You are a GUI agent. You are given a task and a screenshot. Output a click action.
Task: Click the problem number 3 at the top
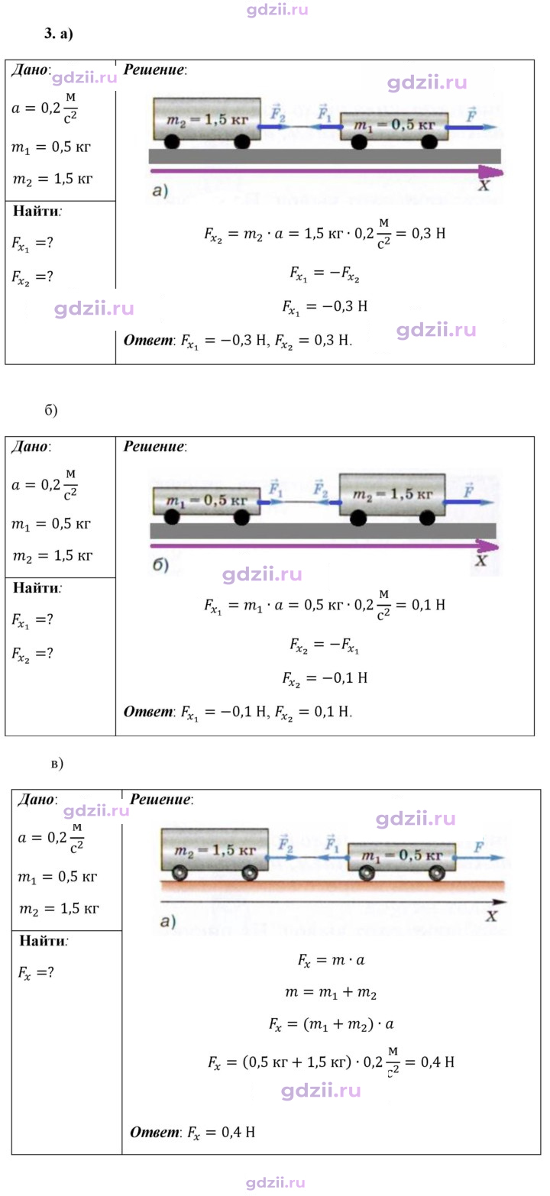(x=50, y=33)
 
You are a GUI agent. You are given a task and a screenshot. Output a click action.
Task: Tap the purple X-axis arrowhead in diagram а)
(x=491, y=172)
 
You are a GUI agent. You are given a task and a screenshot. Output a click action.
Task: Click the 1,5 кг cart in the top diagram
(x=207, y=122)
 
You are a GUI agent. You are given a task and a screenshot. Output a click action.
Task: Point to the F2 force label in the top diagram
(x=277, y=113)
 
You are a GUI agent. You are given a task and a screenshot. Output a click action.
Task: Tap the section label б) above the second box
(x=51, y=410)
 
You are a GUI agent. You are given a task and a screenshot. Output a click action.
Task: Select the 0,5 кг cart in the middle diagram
(x=207, y=506)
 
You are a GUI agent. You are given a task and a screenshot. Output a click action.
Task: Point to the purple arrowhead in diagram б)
(x=487, y=546)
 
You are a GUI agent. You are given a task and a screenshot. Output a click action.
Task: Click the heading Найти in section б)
(x=36, y=588)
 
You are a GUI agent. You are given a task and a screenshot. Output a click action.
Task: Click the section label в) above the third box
(x=57, y=764)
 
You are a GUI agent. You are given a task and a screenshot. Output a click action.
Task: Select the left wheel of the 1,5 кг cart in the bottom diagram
(x=180, y=874)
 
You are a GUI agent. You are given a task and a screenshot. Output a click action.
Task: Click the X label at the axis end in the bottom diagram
(x=491, y=916)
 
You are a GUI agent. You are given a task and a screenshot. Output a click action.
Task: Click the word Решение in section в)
(x=160, y=800)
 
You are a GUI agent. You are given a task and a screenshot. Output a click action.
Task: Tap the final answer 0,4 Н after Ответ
(x=238, y=1132)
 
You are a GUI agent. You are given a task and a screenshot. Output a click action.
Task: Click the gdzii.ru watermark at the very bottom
(x=276, y=1183)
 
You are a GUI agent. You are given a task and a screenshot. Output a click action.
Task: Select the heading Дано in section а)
(x=30, y=70)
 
